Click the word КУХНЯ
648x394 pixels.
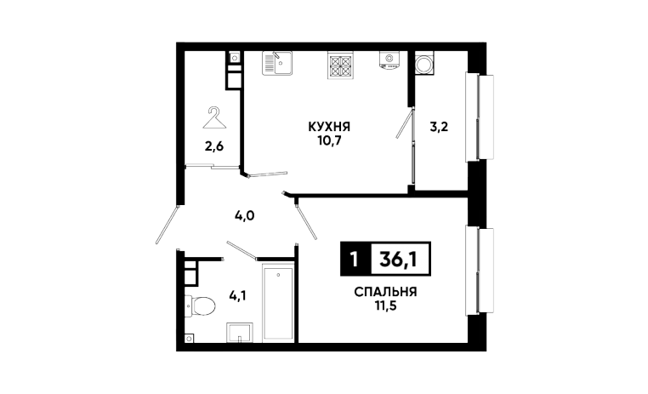tap(329, 127)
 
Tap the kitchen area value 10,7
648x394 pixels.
tap(329, 140)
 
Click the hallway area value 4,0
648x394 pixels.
tap(245, 215)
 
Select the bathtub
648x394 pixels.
tap(277, 302)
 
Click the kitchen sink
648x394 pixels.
tap(277, 61)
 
